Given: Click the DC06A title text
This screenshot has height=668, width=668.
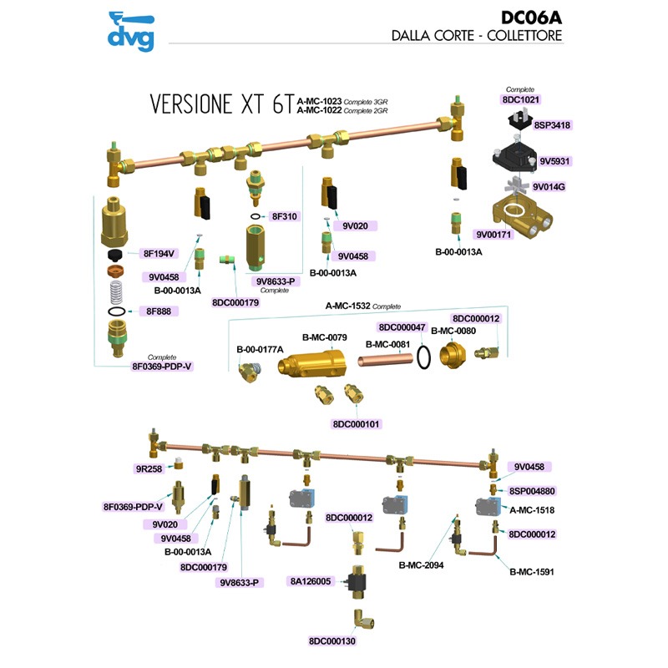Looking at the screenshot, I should [531, 18].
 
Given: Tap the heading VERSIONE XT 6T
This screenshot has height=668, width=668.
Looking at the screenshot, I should [221, 104].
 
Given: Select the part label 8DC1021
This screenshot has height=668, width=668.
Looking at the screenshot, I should [520, 99].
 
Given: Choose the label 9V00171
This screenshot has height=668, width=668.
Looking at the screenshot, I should [493, 235].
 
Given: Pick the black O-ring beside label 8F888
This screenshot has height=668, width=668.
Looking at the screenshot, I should [117, 311].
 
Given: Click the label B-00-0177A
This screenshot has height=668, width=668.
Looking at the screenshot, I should [260, 348].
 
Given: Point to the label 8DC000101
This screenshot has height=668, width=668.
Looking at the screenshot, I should [356, 423].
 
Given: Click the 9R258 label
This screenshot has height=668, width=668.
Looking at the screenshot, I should [149, 469].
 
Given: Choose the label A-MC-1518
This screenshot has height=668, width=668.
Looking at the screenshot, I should [532, 509].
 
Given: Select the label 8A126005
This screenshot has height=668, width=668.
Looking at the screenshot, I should [310, 581].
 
